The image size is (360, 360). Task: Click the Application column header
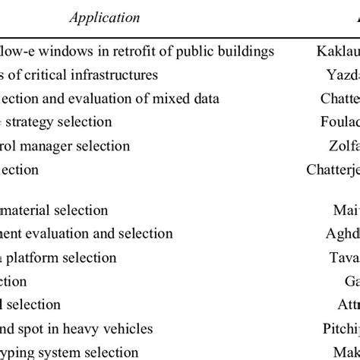coord(105,17)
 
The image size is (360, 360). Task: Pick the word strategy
coord(38,122)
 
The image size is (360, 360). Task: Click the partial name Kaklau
coord(337,52)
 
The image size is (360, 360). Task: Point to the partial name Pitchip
coord(338,329)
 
